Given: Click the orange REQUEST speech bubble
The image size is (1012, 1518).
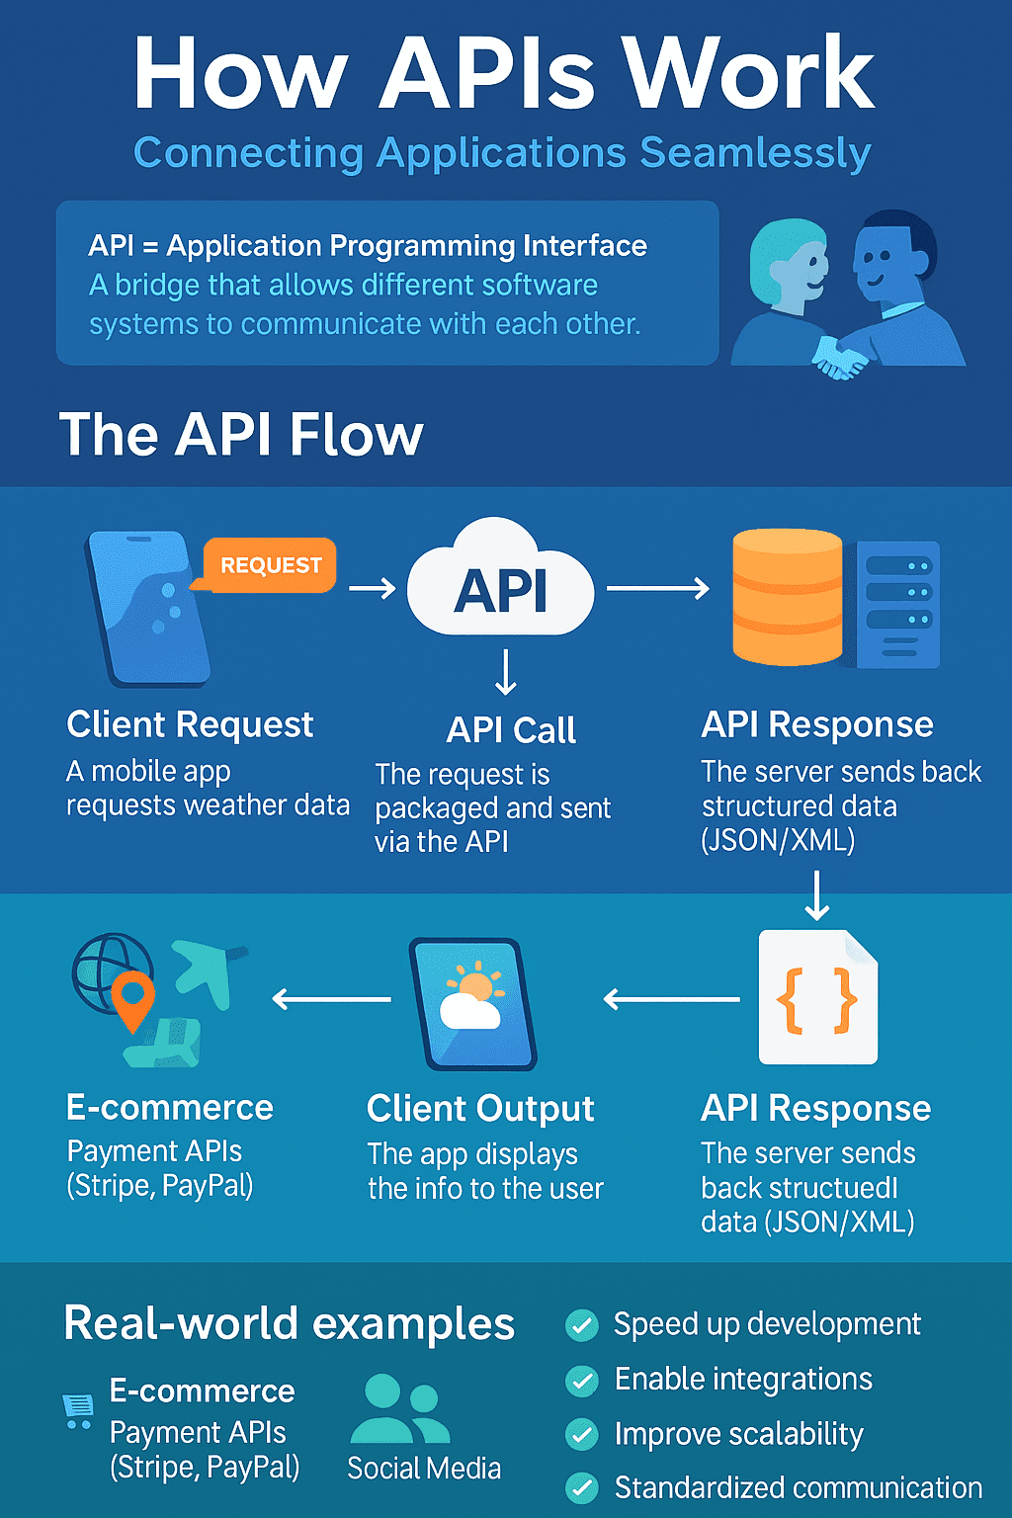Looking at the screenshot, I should click(270, 565).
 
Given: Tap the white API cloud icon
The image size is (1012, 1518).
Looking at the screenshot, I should click(500, 587).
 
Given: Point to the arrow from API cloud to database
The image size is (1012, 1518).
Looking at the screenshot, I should click(657, 589).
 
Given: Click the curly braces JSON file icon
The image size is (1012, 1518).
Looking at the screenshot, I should click(817, 997).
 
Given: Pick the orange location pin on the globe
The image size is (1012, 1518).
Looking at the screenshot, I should click(132, 998).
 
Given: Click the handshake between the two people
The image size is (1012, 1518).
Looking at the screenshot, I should click(840, 356).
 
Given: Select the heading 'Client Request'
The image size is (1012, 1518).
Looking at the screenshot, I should click(190, 724).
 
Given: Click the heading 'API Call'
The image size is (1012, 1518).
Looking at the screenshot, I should click(511, 730).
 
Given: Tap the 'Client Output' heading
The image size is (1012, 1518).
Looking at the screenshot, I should click(480, 1109).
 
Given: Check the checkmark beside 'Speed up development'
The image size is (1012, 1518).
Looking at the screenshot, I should click(582, 1325).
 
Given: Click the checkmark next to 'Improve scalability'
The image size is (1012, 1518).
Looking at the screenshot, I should click(582, 1434).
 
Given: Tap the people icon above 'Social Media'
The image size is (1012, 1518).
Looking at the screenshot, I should click(400, 1410).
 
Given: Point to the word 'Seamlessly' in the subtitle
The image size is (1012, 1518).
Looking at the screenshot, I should click(755, 153).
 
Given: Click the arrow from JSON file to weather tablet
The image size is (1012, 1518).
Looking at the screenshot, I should click(672, 1000).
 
